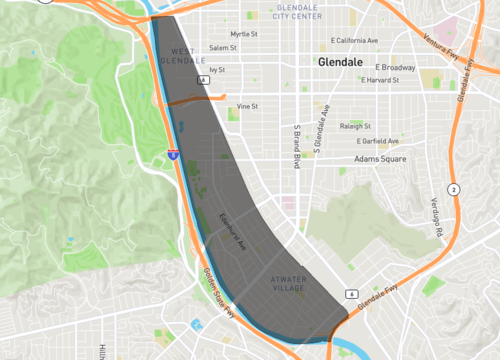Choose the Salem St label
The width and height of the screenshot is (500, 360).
pos(223,47)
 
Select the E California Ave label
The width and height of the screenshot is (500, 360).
pos(355,41)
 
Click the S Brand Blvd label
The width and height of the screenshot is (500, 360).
pos(296,147)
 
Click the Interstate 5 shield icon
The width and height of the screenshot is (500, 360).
pos(172,155)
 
